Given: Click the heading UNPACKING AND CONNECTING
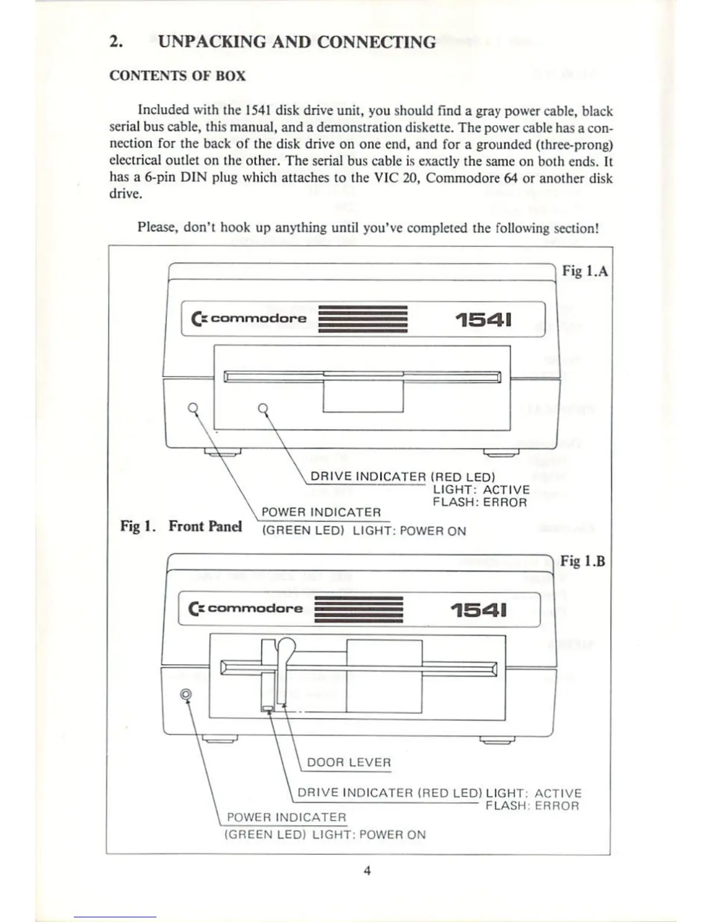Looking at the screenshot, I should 297,42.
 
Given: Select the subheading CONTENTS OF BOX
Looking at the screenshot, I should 177,76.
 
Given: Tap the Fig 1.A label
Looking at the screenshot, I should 585,271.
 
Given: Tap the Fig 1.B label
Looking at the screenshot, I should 583,561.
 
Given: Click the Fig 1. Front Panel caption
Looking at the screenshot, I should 181,526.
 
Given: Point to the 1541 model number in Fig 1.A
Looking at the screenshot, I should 484,320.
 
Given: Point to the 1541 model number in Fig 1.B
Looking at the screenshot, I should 479,609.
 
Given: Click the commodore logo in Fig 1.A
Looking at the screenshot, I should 249,318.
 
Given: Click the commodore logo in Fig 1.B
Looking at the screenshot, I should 245,608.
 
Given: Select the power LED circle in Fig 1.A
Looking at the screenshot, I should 193,408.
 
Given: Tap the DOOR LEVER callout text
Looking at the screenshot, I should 349,763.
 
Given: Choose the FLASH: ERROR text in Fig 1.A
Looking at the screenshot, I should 479,502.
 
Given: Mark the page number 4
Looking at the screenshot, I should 367,871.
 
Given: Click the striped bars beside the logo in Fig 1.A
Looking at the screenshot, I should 363,319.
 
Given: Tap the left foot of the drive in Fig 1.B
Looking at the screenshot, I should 219,739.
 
